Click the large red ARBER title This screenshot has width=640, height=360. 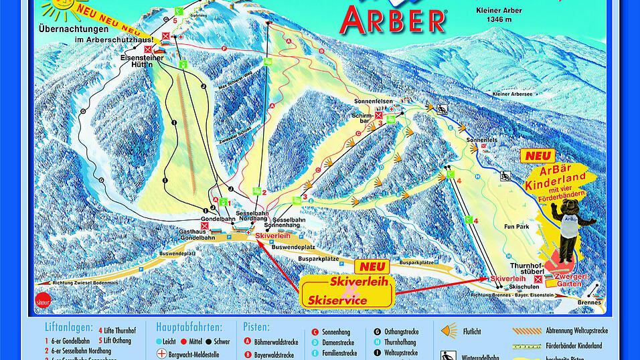tap(393, 20)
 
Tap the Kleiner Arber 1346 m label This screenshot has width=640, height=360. tap(498, 15)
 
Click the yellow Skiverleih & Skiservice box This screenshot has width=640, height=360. tap(347, 291)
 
